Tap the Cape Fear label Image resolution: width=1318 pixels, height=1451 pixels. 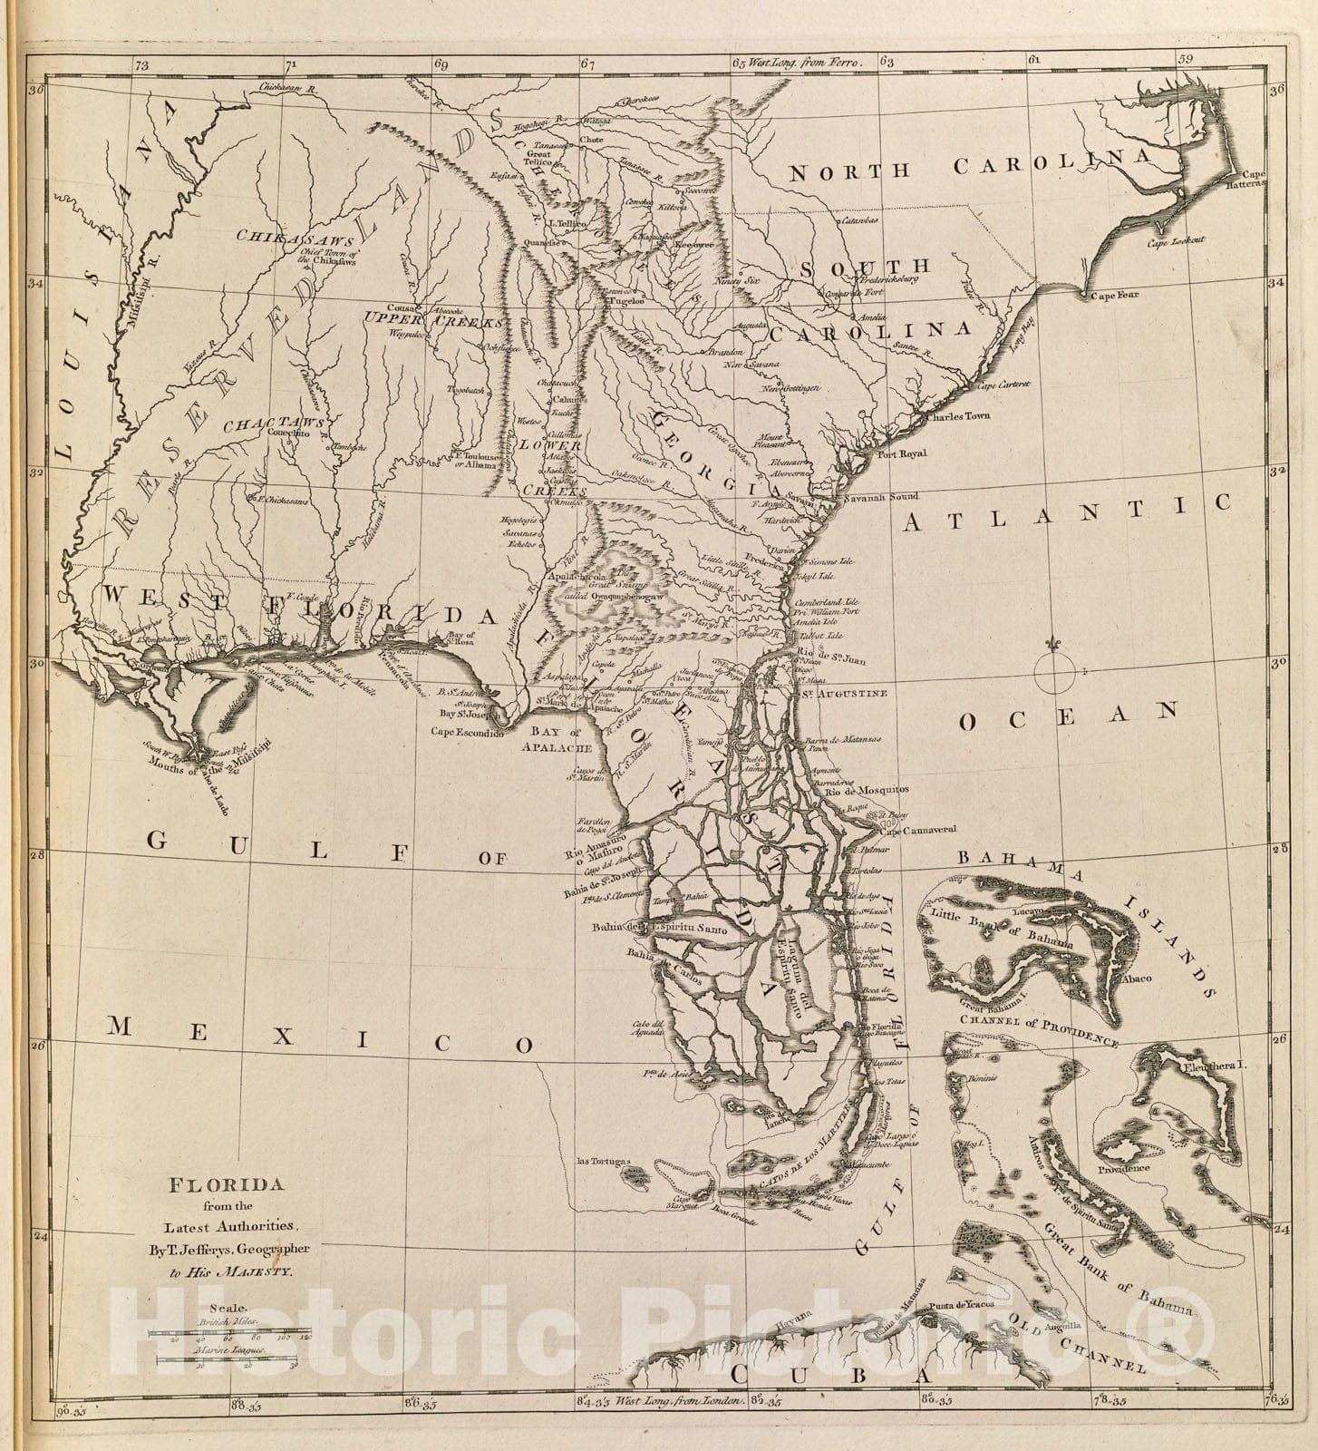tap(1114, 295)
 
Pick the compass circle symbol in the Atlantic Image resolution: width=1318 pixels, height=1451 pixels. tap(1052, 671)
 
